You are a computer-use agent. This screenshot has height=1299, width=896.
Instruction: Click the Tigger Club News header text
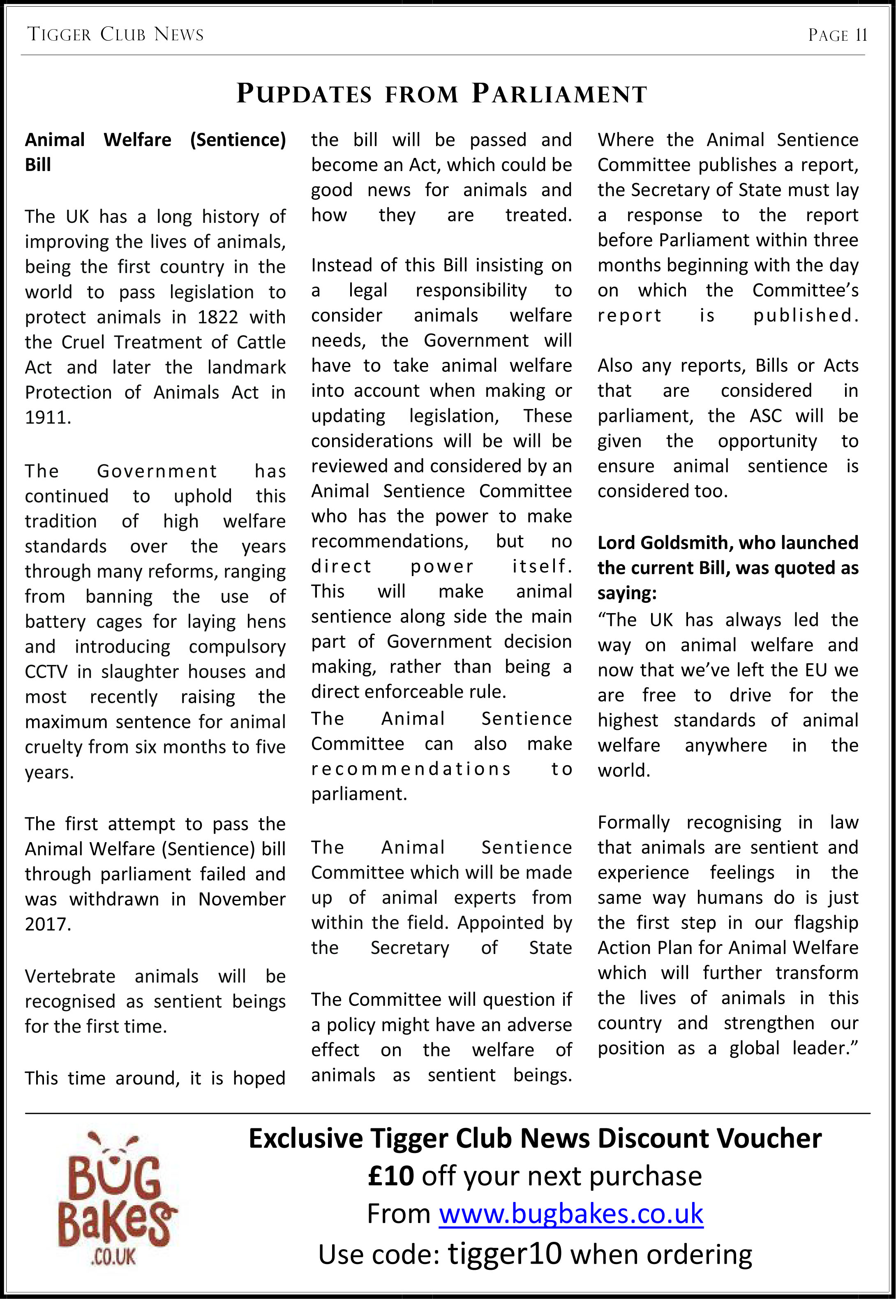(x=115, y=35)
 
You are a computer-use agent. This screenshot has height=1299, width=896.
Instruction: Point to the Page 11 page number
(x=837, y=35)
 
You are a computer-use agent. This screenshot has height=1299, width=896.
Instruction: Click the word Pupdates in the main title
(x=304, y=93)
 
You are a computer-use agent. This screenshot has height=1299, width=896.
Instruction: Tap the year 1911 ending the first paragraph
(x=48, y=418)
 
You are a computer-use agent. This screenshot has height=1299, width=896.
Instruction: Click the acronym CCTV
(x=46, y=671)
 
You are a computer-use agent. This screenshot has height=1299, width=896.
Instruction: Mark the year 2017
(x=48, y=924)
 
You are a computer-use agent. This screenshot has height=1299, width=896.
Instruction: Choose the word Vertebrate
(x=70, y=976)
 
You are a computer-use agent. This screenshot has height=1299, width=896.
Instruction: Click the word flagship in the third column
(x=826, y=923)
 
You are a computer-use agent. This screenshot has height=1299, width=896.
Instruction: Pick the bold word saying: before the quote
(x=626, y=593)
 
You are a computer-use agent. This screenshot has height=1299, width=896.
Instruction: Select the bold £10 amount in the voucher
(x=391, y=1176)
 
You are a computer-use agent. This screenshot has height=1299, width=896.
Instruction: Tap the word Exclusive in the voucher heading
(x=305, y=1138)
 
